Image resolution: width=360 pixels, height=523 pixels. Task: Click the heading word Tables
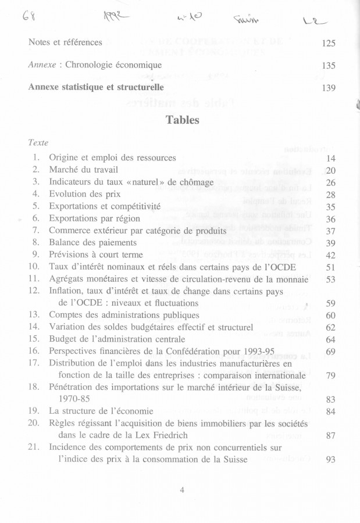tap(182, 120)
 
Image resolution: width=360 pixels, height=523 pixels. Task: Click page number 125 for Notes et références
tap(329, 43)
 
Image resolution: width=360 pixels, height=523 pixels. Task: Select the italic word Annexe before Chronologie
tap(41, 66)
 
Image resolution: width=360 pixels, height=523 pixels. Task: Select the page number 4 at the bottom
tap(182, 489)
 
